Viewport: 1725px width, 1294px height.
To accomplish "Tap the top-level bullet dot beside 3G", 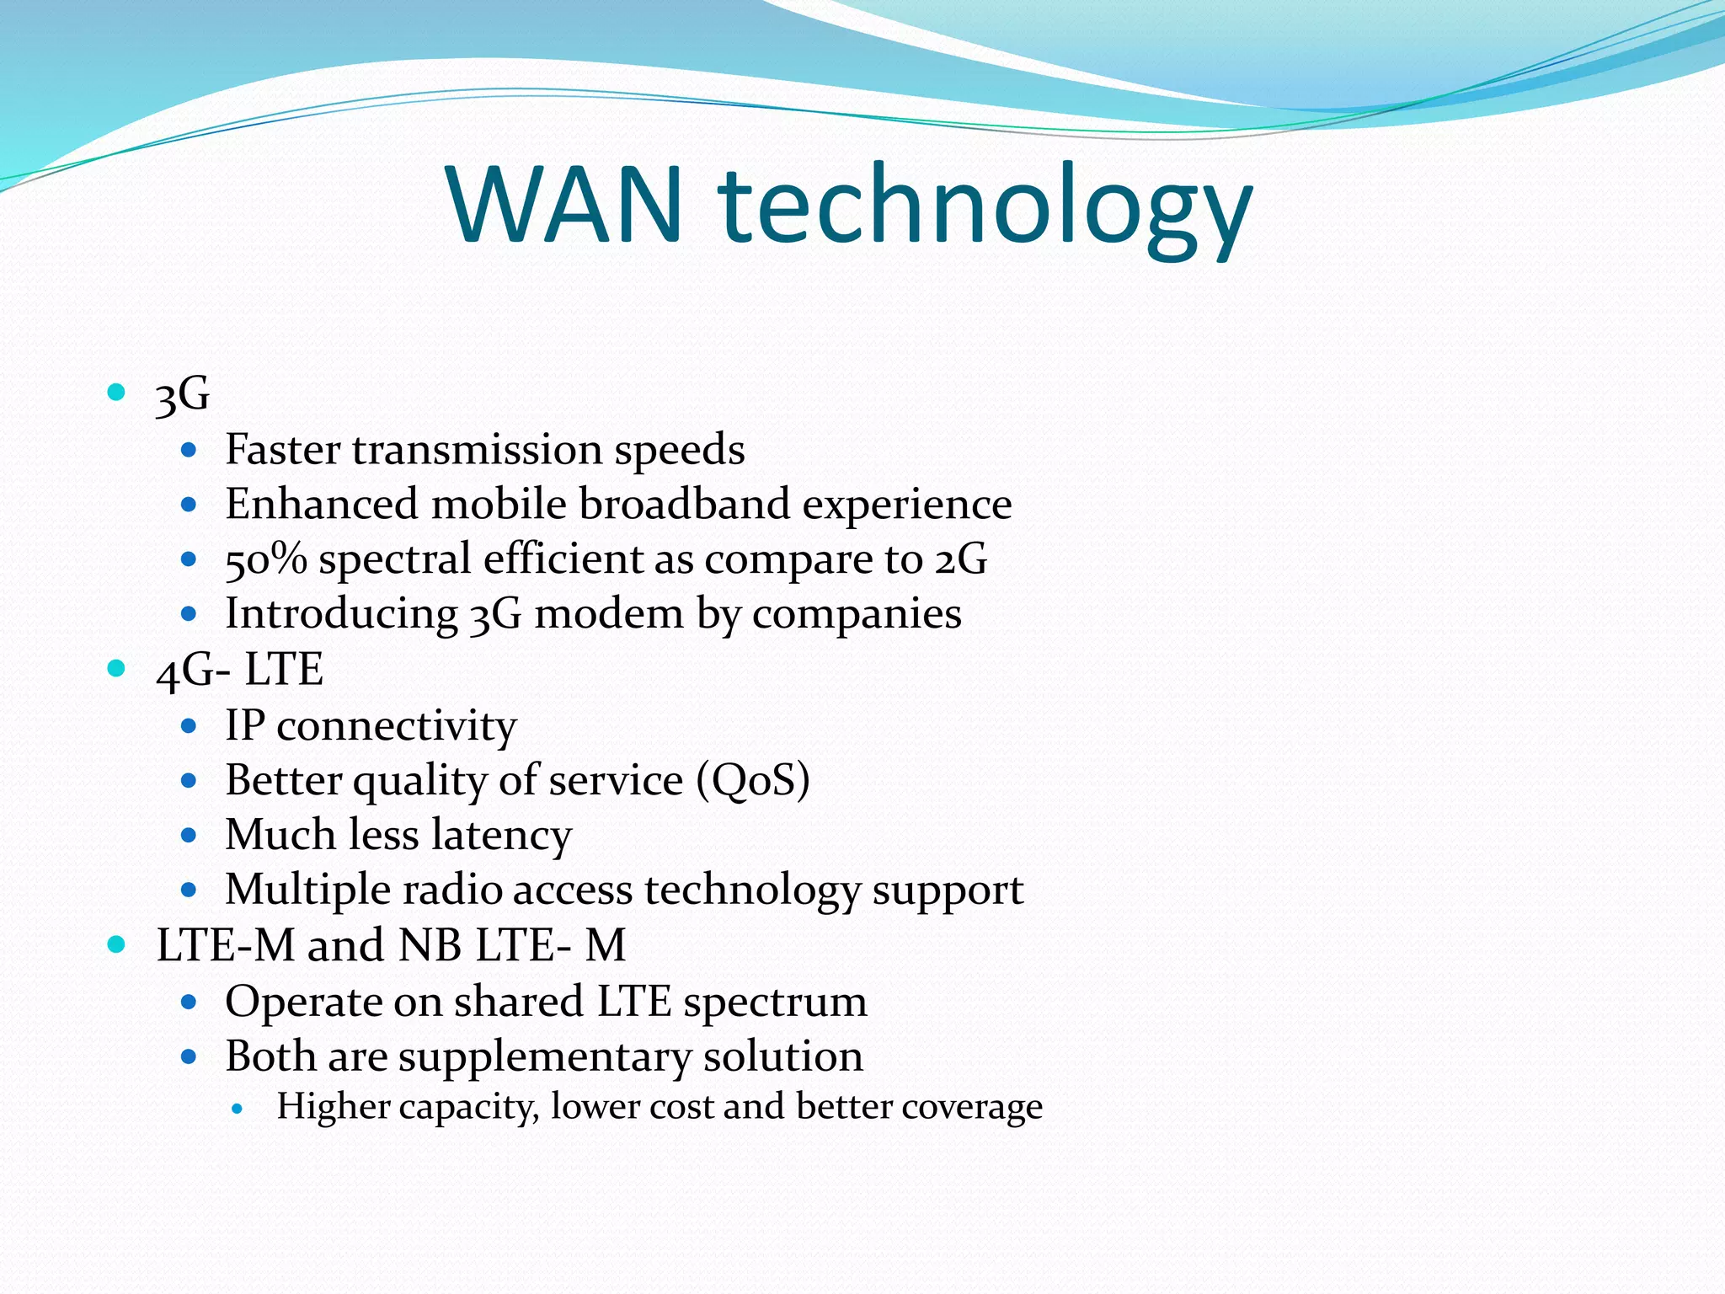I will tap(116, 392).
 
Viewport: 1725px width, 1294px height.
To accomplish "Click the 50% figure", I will tap(265, 559).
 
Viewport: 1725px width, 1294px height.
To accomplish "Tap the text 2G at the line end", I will tap(960, 559).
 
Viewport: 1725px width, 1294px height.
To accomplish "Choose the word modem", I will tap(608, 613).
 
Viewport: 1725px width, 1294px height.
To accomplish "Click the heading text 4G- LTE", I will tap(240, 670).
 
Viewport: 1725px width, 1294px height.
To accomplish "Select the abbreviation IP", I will tap(244, 725).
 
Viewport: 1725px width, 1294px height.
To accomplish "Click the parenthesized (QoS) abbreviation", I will tap(753, 779).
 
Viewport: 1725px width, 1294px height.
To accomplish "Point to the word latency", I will tap(501, 835).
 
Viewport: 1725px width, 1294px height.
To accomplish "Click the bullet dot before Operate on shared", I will tap(189, 1002).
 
